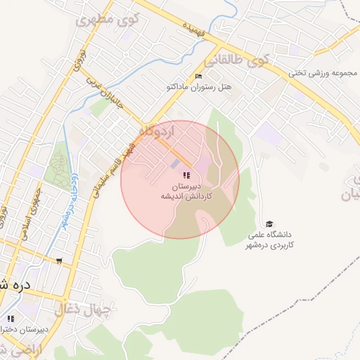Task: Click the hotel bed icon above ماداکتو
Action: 198,77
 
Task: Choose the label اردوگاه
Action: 155,131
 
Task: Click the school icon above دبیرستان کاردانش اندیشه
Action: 186,175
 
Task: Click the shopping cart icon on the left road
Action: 59,262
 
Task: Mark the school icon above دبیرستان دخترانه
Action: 11,319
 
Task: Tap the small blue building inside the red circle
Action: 174,164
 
